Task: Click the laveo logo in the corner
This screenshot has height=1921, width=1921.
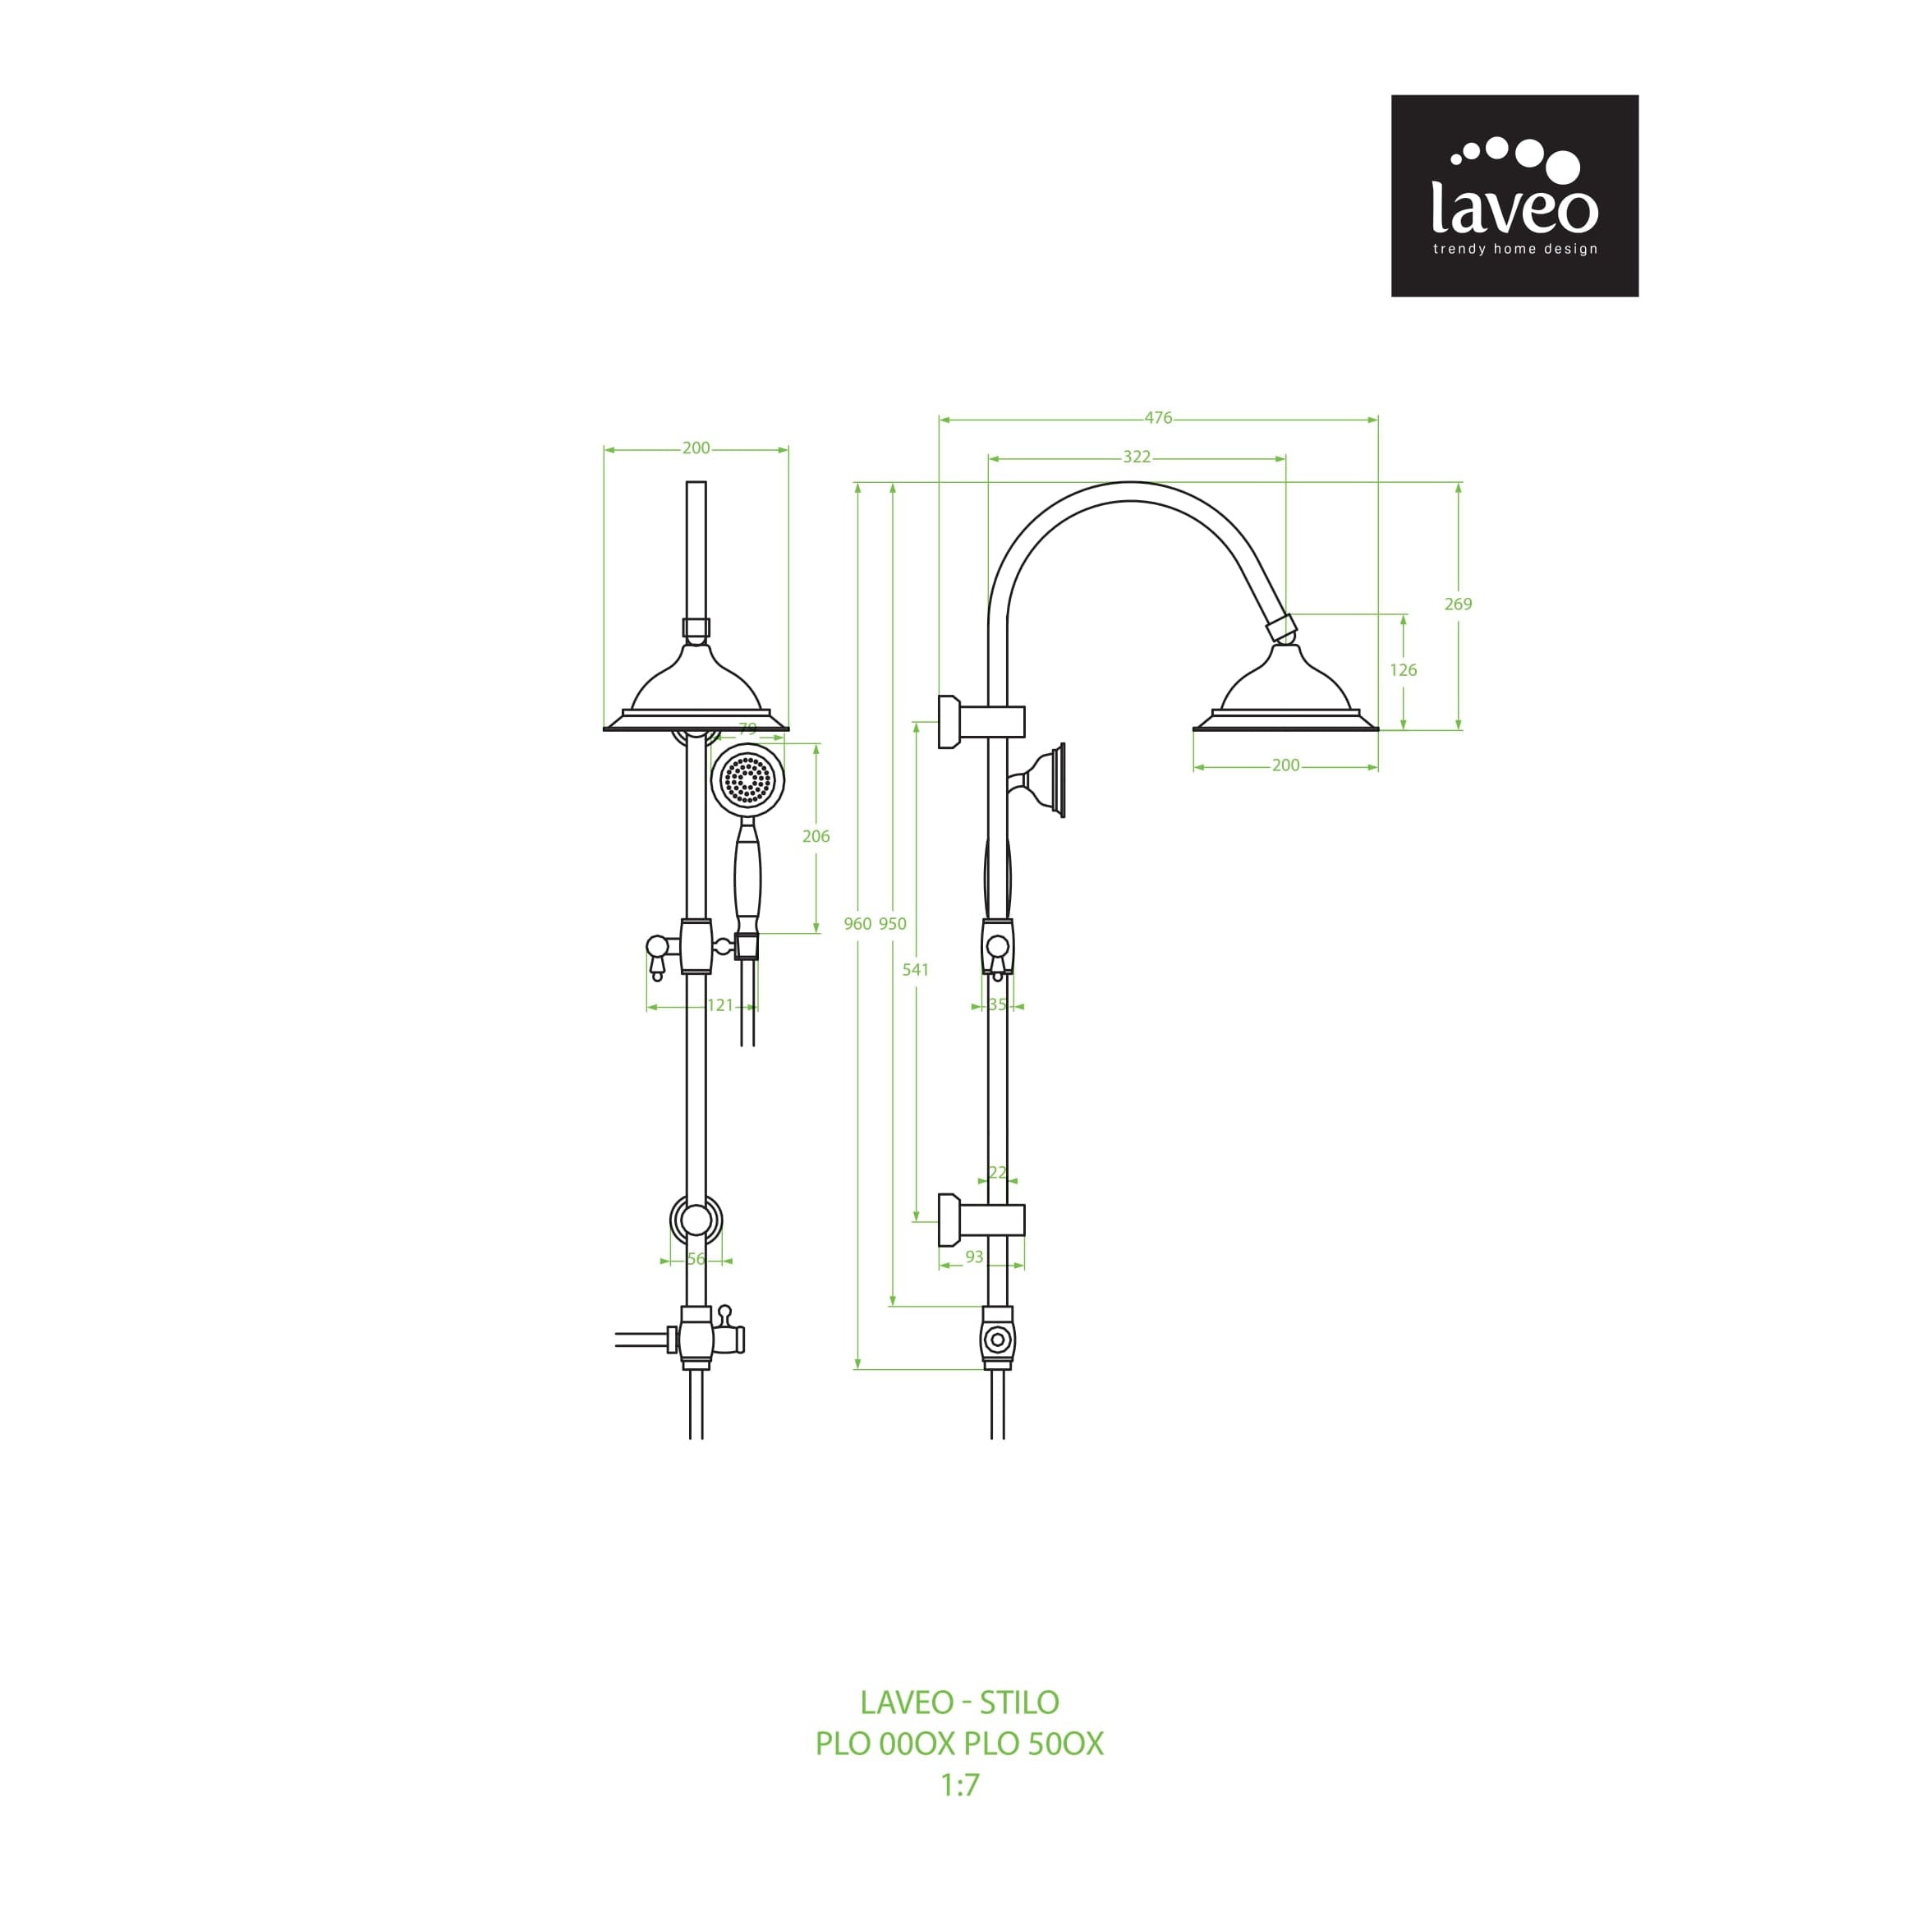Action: coord(1514,196)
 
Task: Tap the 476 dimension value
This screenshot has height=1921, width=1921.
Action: coord(1158,419)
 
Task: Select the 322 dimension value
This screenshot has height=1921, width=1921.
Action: coord(1137,457)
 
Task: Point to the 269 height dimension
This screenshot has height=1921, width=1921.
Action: coord(1458,604)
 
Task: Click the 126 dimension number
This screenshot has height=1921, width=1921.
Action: coord(1403,670)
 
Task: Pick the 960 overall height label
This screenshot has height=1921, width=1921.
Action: coord(857,924)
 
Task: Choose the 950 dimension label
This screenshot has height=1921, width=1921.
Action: coord(893,924)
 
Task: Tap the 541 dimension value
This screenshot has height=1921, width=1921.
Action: coord(916,969)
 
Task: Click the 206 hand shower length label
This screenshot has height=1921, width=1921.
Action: coord(816,836)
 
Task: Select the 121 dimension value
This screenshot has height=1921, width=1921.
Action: coord(720,1005)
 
